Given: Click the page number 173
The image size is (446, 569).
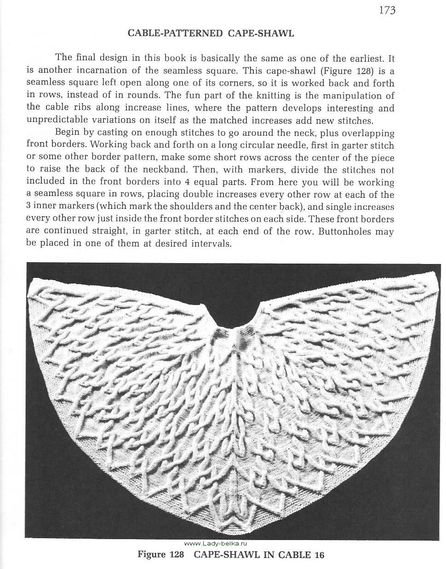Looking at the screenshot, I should [x=387, y=10].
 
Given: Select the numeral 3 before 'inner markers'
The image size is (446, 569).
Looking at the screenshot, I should [x=29, y=207].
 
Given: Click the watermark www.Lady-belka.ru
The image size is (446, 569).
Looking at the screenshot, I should [x=216, y=543].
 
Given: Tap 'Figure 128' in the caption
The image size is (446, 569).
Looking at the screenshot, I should [x=161, y=555].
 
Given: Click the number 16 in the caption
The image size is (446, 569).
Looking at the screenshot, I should [x=319, y=555].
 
